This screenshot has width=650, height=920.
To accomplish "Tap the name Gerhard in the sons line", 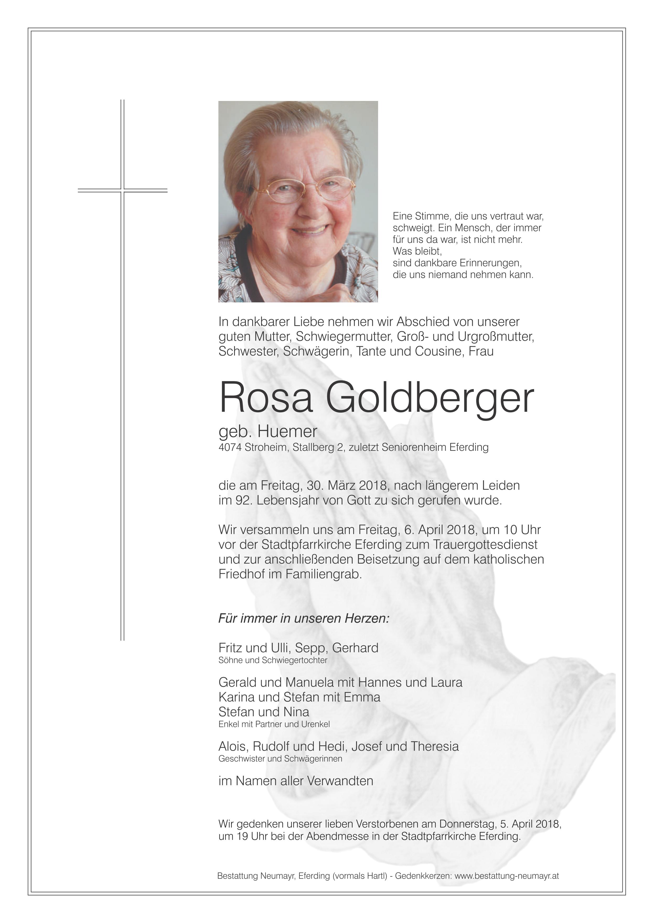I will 355,648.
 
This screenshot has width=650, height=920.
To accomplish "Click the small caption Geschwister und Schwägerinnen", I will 280,759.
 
